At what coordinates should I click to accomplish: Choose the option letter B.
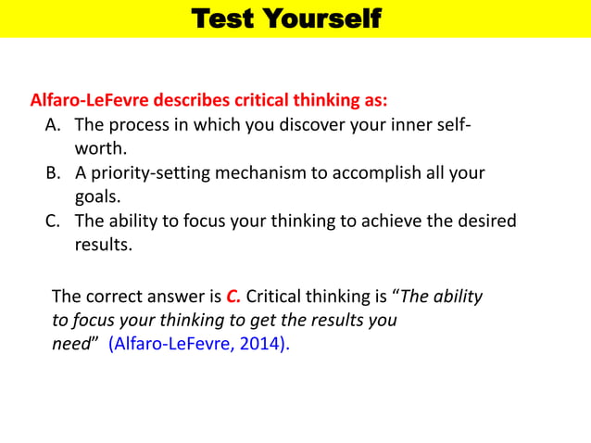[x=53, y=173]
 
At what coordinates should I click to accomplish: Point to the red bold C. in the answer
[x=233, y=297]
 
